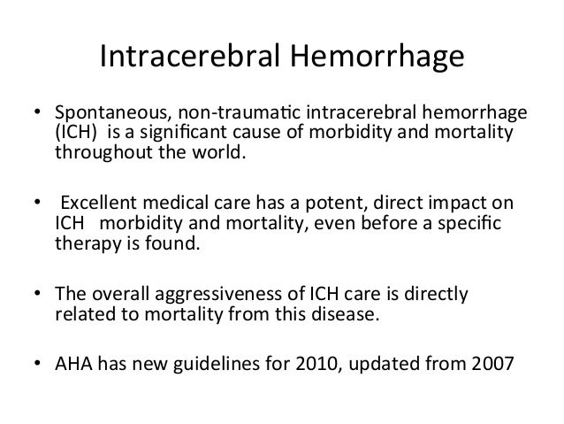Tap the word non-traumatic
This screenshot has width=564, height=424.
click(x=222, y=114)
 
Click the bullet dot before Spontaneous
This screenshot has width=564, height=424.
click(x=38, y=114)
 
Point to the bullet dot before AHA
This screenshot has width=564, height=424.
click(x=38, y=359)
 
